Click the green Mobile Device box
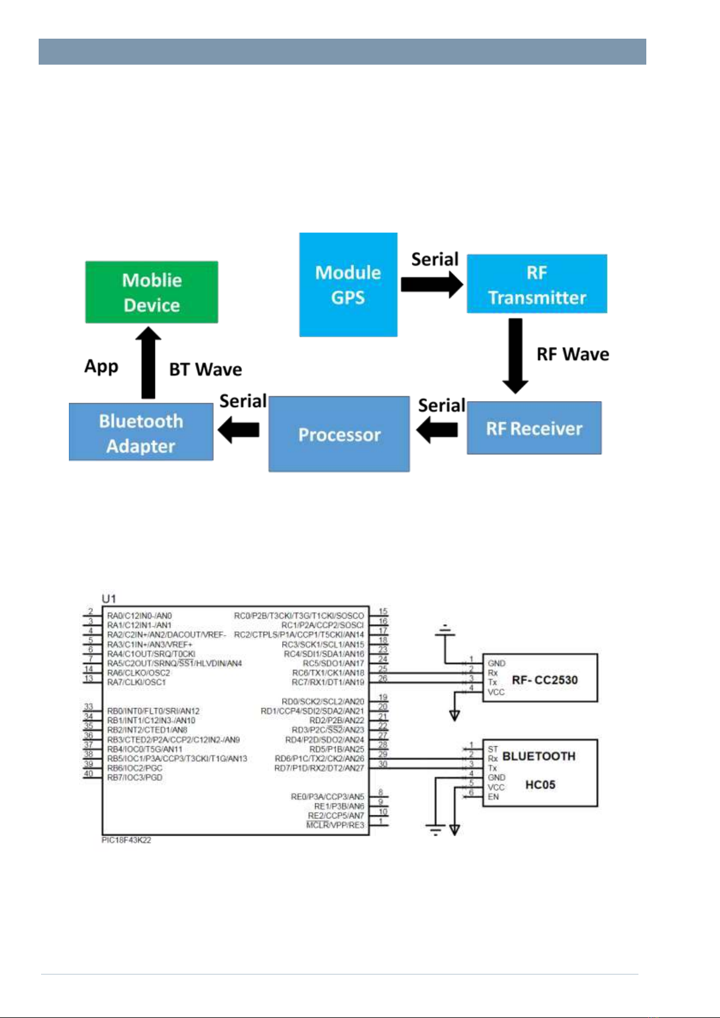coord(152,292)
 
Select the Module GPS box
coord(348,285)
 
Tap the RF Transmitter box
coord(536,284)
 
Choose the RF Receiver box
coord(534,428)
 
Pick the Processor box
coord(339,434)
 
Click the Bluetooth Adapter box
coord(141,433)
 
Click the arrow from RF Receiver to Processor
coord(437,430)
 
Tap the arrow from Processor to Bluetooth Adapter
coord(239,430)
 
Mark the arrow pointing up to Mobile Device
coord(148,362)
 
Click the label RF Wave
coord(573,354)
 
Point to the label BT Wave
coord(205,369)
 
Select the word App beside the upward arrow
coord(101,366)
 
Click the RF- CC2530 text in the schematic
coord(544,680)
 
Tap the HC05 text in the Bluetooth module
coord(540,785)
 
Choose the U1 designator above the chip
coord(109,599)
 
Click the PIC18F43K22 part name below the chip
coord(126,840)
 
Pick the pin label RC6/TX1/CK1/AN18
coord(328,673)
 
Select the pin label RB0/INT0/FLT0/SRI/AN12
coord(153,711)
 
